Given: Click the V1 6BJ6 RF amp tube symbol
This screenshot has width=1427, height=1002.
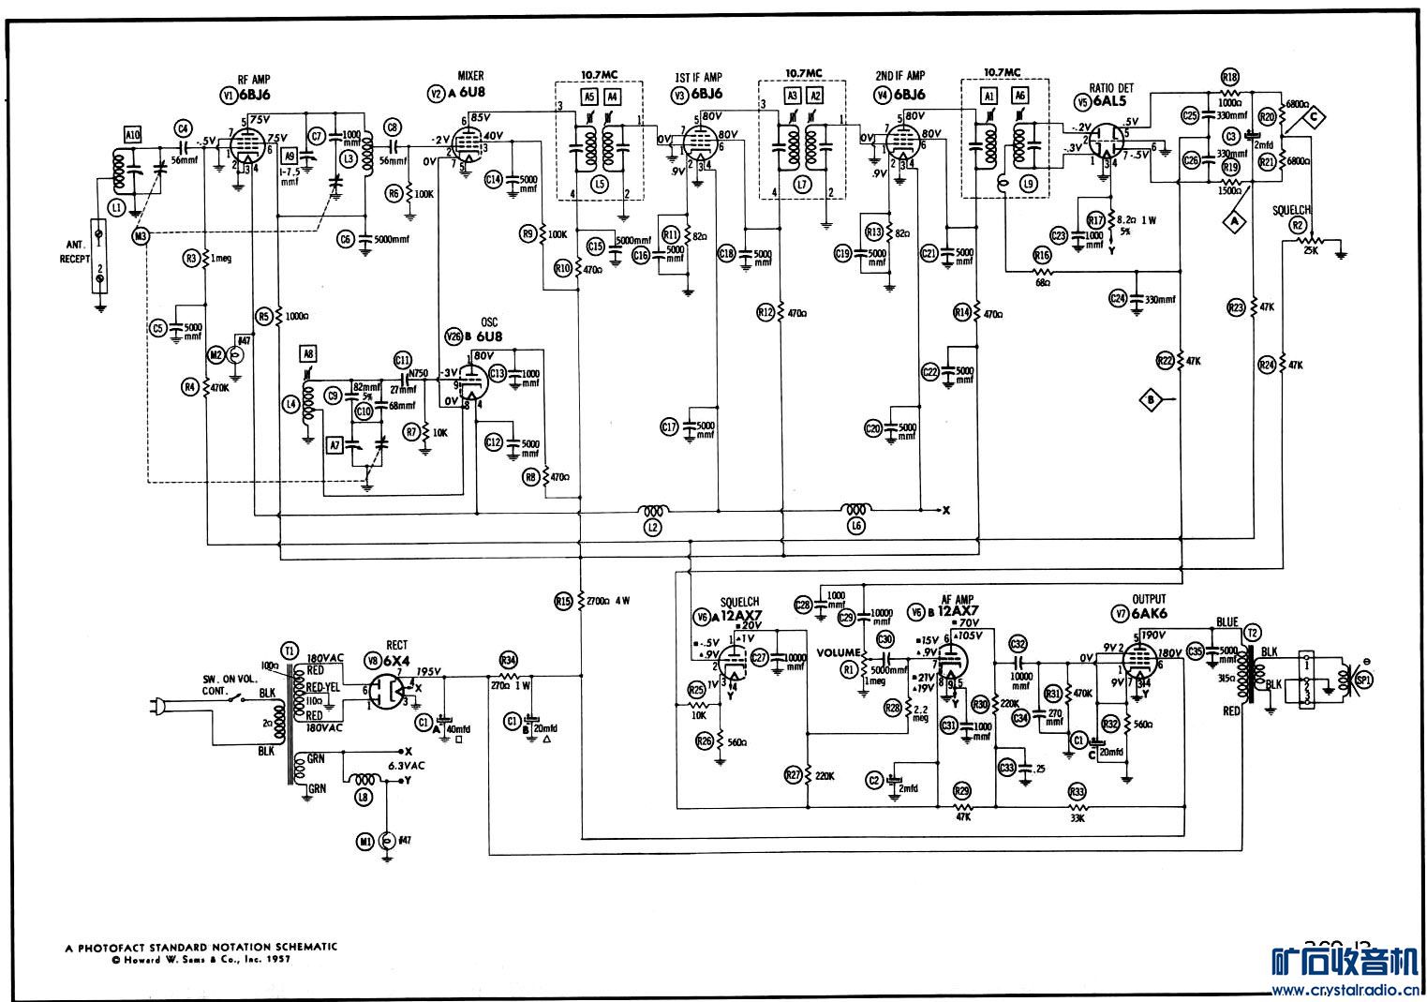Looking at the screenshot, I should [245, 148].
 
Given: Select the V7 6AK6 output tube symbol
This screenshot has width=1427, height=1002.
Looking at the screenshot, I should [1137, 666].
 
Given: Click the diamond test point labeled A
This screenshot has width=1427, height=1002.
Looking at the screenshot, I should [1235, 219].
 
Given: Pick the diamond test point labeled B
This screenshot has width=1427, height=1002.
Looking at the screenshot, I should [1151, 399].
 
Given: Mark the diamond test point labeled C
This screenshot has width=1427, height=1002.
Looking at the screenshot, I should [1315, 116].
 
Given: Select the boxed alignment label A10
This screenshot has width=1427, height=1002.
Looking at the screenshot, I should [132, 135].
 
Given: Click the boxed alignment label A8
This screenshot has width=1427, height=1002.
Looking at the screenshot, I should [309, 352].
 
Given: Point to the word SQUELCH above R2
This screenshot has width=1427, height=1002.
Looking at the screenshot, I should [1291, 210].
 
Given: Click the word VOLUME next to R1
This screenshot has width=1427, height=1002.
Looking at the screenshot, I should [838, 652].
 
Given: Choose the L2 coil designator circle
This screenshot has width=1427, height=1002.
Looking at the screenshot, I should [653, 527].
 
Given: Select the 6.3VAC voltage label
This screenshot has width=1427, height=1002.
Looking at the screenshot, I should [407, 765].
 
